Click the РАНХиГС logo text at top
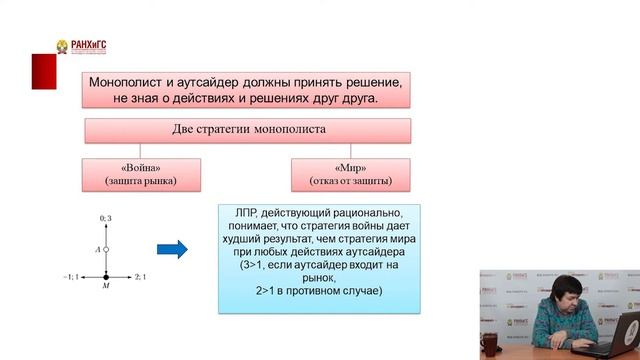88,44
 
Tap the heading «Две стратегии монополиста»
248,129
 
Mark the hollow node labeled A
106,248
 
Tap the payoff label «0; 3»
106,218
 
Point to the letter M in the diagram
106,287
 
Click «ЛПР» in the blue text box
246,214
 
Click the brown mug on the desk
488,344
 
